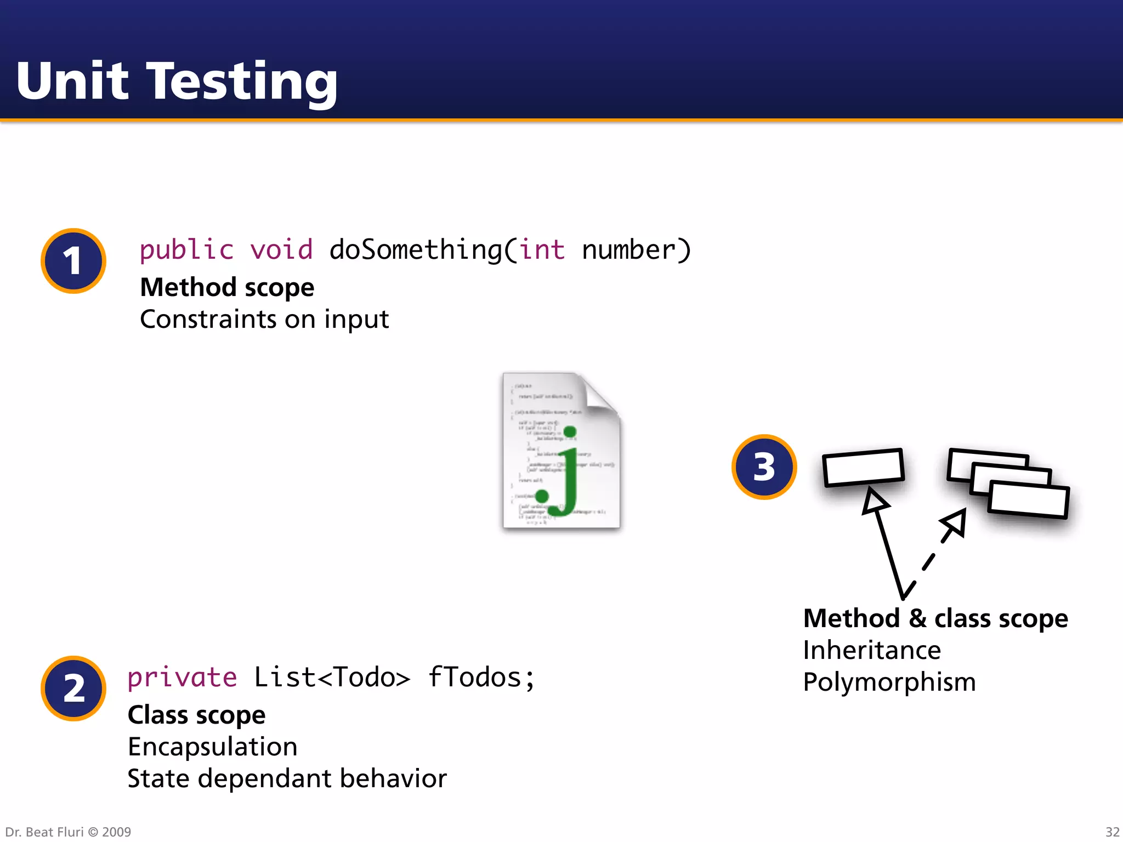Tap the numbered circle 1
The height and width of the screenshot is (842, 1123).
tap(73, 261)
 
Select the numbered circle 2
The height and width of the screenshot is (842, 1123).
tap(73, 689)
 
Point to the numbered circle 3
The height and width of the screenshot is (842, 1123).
tap(764, 467)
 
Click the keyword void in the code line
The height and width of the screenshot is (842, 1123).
tap(281, 250)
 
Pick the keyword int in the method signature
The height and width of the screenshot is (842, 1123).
tap(542, 250)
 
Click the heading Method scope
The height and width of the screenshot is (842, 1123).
tap(227, 287)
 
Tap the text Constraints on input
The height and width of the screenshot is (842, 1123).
tap(264, 319)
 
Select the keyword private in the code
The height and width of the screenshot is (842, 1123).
tap(182, 678)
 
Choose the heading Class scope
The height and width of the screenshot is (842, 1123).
tap(196, 715)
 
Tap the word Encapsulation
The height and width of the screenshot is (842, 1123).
tap(213, 747)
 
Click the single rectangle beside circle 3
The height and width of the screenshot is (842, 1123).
tap(863, 467)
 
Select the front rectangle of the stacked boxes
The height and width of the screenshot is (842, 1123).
tap(1029, 500)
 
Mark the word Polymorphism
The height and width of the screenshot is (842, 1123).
tap(889, 682)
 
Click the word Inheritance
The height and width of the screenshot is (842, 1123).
tap(872, 650)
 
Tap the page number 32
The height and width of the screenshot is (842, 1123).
tap(1112, 832)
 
